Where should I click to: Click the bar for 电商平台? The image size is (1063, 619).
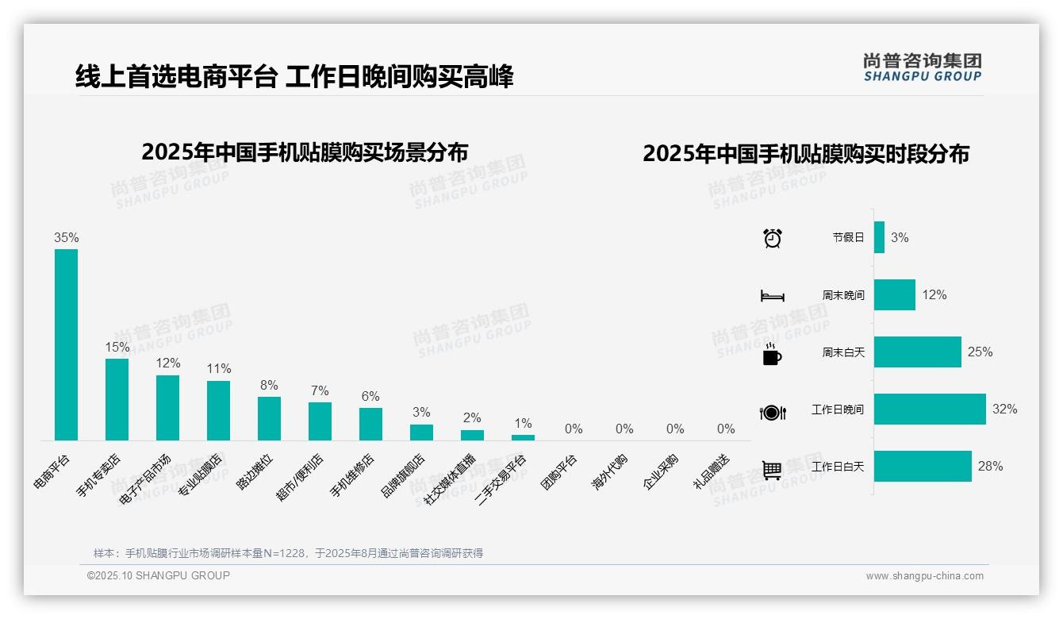pos(66,344)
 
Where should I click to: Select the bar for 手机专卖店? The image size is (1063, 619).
pos(117,399)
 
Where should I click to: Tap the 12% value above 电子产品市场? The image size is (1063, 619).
pos(167,363)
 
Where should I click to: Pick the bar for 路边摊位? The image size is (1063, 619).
pos(269,418)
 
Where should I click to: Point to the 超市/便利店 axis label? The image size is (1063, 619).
pos(301,476)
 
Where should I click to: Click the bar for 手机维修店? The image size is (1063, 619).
pos(370,424)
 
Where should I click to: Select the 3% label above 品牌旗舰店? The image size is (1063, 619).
pos(421,413)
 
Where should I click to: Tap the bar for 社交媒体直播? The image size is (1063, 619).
pos(472,435)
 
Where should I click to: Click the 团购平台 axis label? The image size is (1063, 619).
pos(558,471)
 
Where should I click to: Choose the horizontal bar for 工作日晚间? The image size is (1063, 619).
pos(930,409)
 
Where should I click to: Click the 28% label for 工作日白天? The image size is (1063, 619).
pos(990,467)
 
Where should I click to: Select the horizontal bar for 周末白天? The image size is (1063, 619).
pos(918,352)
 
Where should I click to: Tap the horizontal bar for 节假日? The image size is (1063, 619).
pos(879,237)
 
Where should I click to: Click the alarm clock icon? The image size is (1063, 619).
pos(773,238)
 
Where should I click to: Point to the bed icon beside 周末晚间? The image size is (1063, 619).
pos(773,296)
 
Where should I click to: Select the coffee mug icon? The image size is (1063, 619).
pos(772,354)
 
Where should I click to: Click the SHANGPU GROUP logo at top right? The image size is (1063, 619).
pos(923,67)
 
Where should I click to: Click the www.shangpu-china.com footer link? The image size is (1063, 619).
pos(924,576)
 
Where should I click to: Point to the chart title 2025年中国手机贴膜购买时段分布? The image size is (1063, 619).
pos(806,154)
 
